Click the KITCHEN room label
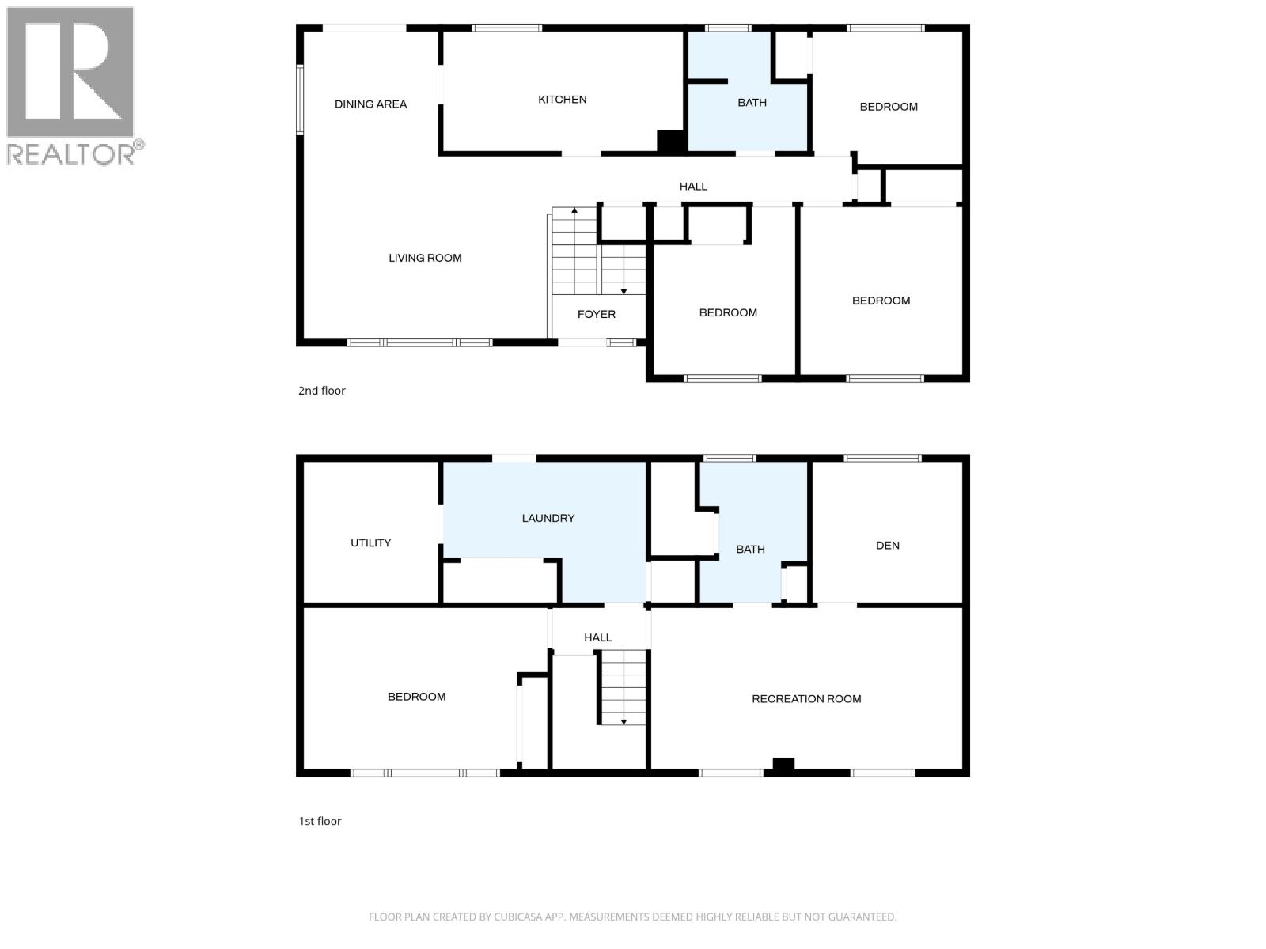(563, 100)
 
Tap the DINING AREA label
(370, 104)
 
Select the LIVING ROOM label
(425, 258)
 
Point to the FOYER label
(597, 315)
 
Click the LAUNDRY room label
(548, 519)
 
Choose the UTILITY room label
(370, 543)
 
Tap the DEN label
(888, 546)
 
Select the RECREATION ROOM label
(806, 699)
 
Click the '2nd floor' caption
(322, 391)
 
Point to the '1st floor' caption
(320, 822)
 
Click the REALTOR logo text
(72, 154)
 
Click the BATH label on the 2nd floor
(752, 103)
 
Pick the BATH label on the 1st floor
(750, 550)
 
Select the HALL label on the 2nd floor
(693, 187)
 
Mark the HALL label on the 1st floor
(597, 637)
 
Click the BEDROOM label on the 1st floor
(416, 697)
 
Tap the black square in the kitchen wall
(670, 142)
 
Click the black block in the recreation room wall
(783, 765)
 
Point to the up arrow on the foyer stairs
(574, 211)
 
